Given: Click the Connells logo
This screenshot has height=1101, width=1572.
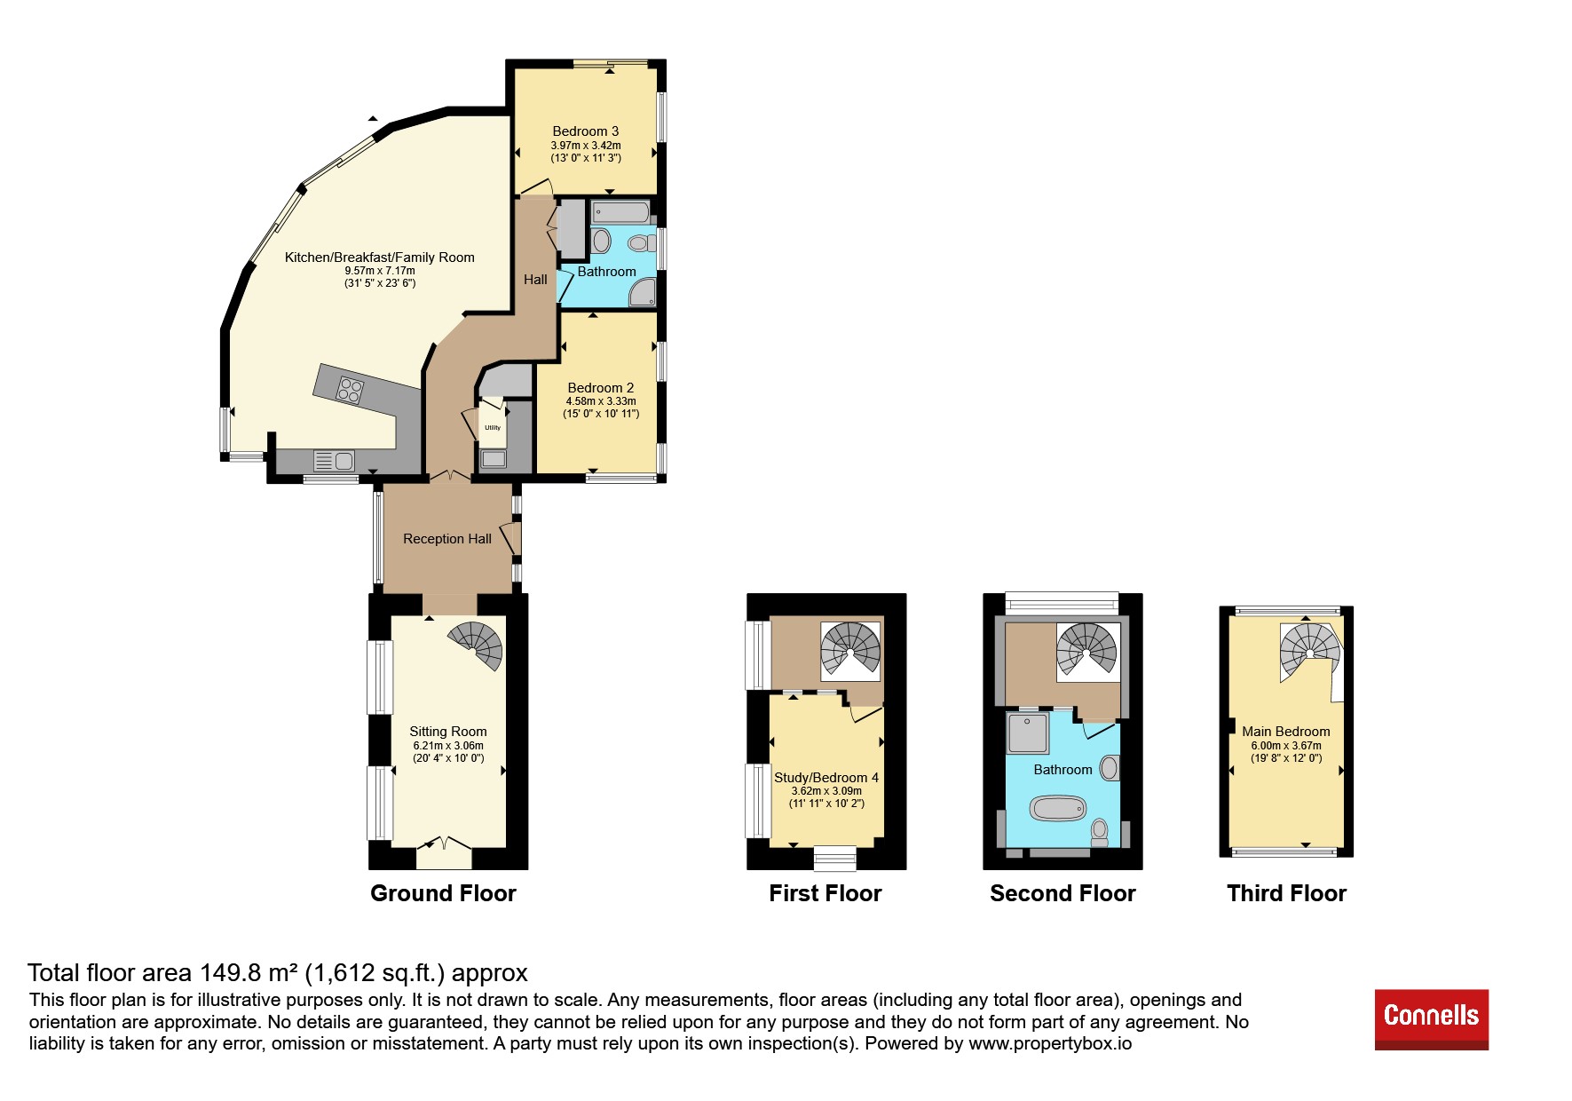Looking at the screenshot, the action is pos(1431,1019).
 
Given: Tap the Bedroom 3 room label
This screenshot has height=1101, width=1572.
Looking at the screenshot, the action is pos(586,131).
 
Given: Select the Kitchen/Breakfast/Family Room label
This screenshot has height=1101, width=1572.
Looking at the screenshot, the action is pos(380,257).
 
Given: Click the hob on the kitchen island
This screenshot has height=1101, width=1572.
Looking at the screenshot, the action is pos(350,391).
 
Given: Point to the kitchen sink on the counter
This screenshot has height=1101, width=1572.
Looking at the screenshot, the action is pos(335,461).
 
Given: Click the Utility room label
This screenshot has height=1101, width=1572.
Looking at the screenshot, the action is pos(493,427).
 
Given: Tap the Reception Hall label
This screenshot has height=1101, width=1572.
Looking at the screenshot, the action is pos(447,539).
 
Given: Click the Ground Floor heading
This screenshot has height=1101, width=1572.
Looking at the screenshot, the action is pos(443,893).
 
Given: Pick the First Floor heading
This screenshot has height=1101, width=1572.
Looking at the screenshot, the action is pos(825,893).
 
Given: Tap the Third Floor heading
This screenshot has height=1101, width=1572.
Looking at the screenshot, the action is pos(1287,893).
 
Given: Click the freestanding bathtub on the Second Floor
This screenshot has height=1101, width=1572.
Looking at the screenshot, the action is pos(1057,808).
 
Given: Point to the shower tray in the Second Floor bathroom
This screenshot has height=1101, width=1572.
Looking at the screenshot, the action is pos(1028,733).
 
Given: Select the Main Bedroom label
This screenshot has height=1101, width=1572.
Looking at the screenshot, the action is pos(1286,732).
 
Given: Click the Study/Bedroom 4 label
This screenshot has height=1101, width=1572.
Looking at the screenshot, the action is pos(826,778).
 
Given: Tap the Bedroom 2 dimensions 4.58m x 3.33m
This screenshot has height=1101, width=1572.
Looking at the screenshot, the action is pos(601,401).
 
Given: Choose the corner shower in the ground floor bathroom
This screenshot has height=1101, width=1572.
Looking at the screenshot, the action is pos(643,294).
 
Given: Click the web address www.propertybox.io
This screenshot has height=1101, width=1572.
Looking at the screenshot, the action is pos(1050,1043).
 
